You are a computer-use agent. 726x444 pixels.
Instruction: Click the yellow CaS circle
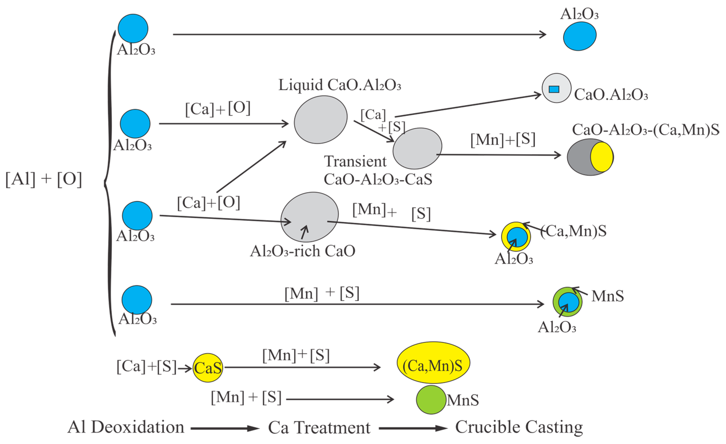coord(208,368)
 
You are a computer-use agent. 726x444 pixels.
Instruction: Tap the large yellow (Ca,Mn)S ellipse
coord(433,362)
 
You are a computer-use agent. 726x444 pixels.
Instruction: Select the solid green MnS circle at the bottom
coord(431,400)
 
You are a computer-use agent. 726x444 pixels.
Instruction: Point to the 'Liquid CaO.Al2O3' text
coord(340,85)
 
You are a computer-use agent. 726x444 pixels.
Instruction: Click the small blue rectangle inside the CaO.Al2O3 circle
coord(554,89)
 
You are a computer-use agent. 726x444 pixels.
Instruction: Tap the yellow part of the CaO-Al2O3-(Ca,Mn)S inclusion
coord(602,157)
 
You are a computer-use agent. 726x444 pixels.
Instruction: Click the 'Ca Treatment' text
coord(319,427)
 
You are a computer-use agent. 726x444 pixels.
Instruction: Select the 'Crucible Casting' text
coord(519,427)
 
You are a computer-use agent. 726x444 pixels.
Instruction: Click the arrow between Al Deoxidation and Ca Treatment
coord(225,428)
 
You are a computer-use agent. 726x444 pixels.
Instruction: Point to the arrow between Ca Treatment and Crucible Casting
coord(413,428)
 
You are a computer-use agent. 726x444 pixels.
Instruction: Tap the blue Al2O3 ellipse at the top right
coord(580,36)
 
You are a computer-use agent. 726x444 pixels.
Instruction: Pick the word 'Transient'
coord(355,161)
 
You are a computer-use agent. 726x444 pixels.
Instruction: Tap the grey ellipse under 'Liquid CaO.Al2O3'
coord(321,120)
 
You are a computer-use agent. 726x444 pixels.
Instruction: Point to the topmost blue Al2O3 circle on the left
coord(133,29)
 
